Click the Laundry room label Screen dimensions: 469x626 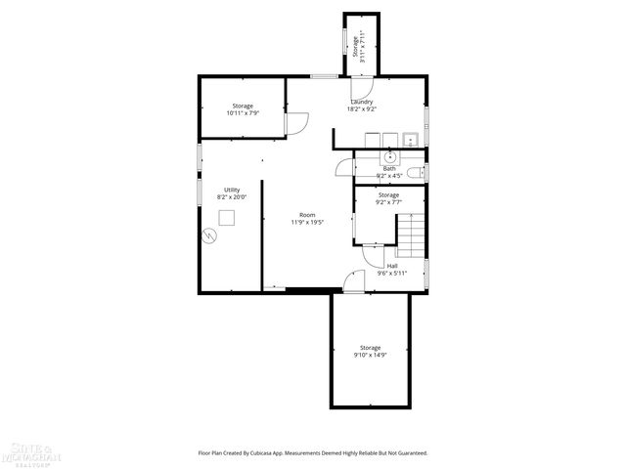tap(361, 101)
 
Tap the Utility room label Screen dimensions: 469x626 tap(232, 190)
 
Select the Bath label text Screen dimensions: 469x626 tap(389, 168)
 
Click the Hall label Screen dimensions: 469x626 tap(391, 266)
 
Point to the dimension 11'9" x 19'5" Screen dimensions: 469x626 tap(307, 222)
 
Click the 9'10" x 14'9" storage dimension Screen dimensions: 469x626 tap(370, 356)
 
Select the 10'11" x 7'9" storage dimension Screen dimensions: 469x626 tap(243, 113)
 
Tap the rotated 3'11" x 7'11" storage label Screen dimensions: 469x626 tap(362, 47)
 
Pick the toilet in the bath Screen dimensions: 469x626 tap(415, 173)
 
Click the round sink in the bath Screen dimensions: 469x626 tap(390, 155)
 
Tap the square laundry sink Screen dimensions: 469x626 tap(411, 139)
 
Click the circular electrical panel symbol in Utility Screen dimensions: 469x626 tap(208, 234)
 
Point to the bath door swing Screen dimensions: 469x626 tap(344, 168)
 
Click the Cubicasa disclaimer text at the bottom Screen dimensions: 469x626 tap(313, 452)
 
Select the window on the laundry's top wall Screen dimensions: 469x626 tap(323, 75)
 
